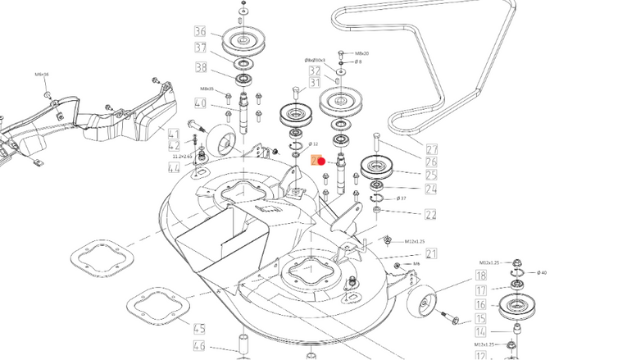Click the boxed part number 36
coord(200,32)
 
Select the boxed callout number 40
coord(200,103)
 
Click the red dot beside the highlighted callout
coord(322,162)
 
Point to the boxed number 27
coord(432,149)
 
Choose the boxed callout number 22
coord(431,215)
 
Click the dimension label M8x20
coord(360,53)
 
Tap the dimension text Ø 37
coord(402,198)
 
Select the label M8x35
coord(207,89)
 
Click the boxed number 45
coord(199,329)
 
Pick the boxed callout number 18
coord(481,276)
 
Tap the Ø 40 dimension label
coord(543,272)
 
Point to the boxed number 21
coord(431,253)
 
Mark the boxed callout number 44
coord(174,168)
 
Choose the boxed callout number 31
coord(315,84)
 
